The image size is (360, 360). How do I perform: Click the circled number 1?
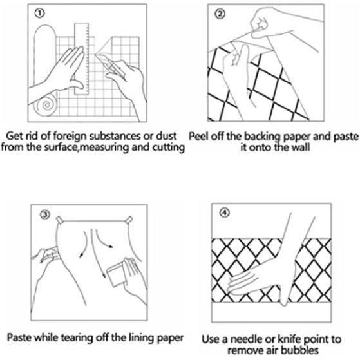[x=39, y=14]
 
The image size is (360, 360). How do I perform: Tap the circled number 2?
[x=220, y=14]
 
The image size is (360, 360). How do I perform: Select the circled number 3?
[x=45, y=214]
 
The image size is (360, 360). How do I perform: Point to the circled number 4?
[x=225, y=213]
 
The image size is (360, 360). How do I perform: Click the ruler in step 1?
[x=82, y=59]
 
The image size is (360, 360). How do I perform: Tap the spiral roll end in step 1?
[x=45, y=104]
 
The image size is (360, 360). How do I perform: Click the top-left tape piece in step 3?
[x=60, y=220]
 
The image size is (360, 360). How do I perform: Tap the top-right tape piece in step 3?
[x=129, y=220]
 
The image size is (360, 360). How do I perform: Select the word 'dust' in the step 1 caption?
[x=166, y=136]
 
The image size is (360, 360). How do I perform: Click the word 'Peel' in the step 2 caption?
[x=198, y=137]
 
